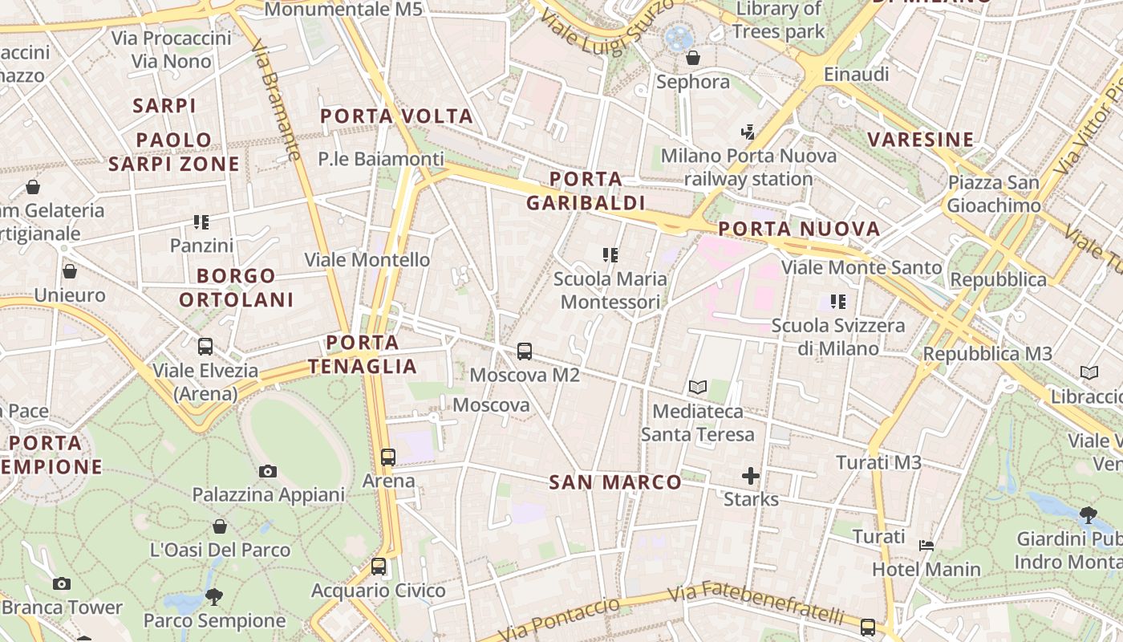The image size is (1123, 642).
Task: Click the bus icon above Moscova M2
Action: tap(524, 351)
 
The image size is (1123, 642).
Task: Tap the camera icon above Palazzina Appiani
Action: tap(268, 471)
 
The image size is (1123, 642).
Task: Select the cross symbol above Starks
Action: tap(751, 477)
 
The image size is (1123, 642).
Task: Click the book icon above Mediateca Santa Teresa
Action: tap(698, 388)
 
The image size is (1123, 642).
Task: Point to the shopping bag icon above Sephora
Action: tap(693, 58)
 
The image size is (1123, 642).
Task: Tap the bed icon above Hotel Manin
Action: tap(926, 546)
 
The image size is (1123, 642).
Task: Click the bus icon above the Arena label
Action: tap(388, 457)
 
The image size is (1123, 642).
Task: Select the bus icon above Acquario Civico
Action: tap(379, 567)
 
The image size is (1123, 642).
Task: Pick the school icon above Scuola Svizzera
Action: tap(838, 302)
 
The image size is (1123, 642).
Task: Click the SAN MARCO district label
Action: tap(615, 482)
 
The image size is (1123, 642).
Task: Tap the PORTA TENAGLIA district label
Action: tap(363, 355)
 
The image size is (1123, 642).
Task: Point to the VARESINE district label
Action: tap(920, 140)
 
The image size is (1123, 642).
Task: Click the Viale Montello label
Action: tap(367, 260)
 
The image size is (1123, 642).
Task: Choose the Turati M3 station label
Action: tap(878, 462)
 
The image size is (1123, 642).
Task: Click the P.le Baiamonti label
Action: tap(380, 159)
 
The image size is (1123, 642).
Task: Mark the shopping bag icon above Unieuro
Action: tap(70, 271)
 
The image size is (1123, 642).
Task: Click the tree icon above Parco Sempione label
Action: tap(214, 596)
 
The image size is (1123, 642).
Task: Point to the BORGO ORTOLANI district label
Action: tap(236, 288)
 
